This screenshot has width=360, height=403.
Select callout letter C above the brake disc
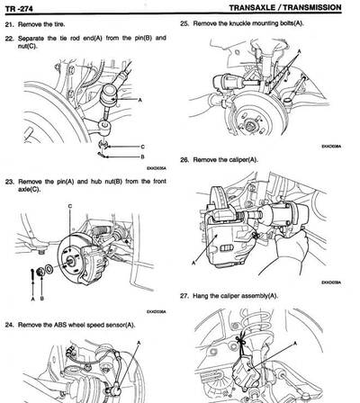coord(69,207)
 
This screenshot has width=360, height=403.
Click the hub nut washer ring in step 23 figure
coord(47,268)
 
